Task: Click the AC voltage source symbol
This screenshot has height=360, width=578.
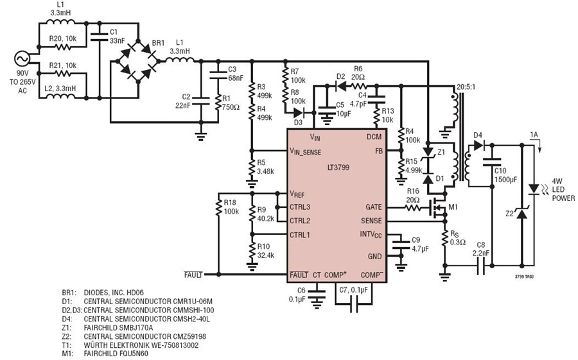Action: click(22, 59)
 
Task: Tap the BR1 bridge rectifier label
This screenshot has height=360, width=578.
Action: click(158, 43)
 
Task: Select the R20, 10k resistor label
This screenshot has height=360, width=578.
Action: click(63, 38)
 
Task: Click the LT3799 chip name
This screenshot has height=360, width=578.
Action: click(338, 167)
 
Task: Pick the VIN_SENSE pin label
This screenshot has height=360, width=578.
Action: click(305, 151)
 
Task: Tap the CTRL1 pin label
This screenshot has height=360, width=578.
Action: click(300, 235)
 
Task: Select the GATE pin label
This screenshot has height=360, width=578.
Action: click(373, 207)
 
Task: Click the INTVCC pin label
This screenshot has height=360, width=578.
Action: click(371, 235)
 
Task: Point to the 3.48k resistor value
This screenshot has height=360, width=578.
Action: click(265, 171)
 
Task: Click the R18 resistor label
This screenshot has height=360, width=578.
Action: click(230, 203)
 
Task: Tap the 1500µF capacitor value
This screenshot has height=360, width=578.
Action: click(505, 180)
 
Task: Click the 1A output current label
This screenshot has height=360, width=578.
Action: click(534, 135)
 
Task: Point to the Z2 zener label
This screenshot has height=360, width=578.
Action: click(509, 213)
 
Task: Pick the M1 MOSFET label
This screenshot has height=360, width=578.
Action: click(453, 207)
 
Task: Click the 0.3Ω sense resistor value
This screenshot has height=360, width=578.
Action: click(458, 243)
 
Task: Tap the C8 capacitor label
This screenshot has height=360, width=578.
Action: click(480, 245)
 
